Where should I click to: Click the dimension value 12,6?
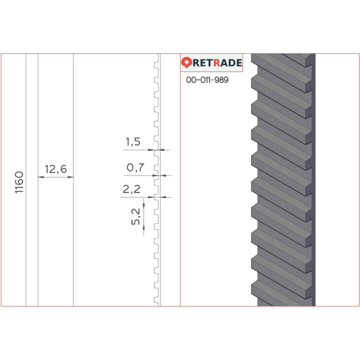point(55,169)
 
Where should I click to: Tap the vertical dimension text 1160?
point(19,182)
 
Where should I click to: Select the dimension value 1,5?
point(132,142)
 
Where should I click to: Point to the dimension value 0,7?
point(135,167)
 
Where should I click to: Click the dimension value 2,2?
point(131,189)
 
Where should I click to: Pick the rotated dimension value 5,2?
point(135,216)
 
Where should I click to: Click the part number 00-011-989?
point(207,80)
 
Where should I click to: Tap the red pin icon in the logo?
point(186,62)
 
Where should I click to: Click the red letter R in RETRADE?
point(217,62)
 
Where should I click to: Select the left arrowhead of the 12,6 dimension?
point(41,177)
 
